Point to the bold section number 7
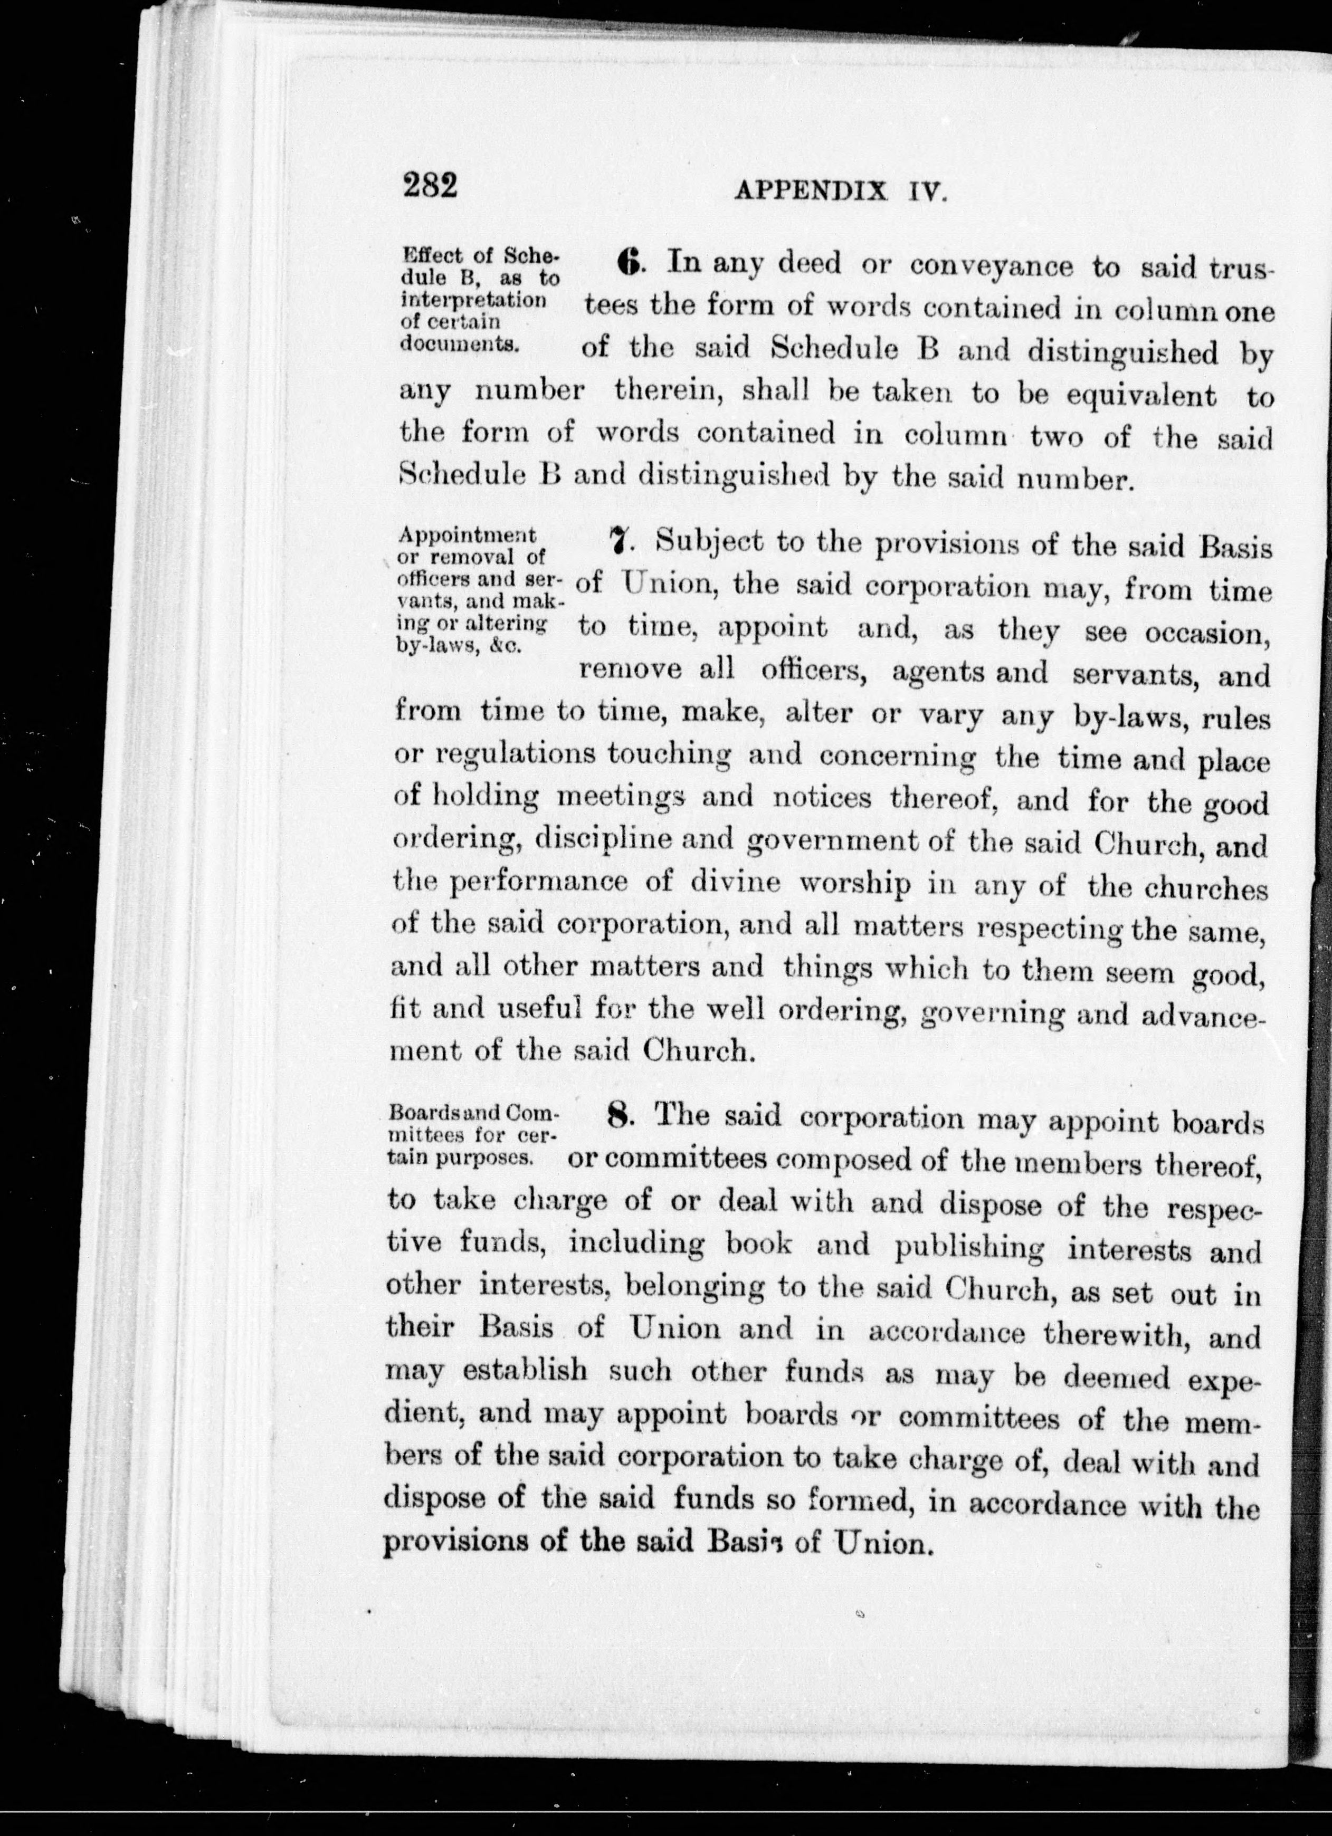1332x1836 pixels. [620, 542]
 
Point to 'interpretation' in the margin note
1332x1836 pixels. [473, 300]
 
